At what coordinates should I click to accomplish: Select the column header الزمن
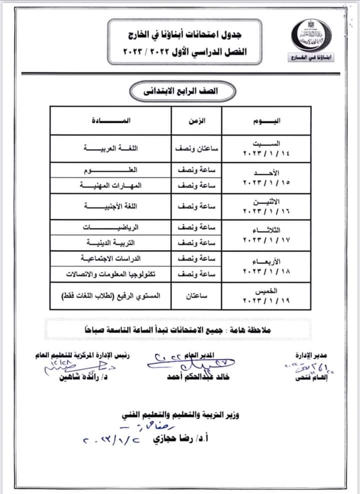[x=198, y=121]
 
